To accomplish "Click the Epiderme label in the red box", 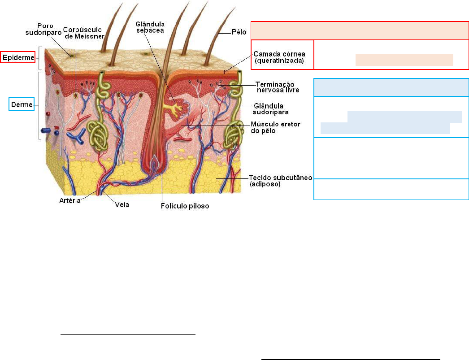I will coord(18,57).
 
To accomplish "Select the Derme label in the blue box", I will coord(22,105).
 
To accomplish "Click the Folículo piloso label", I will coord(185,207).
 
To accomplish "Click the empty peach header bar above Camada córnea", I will coord(360,30).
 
